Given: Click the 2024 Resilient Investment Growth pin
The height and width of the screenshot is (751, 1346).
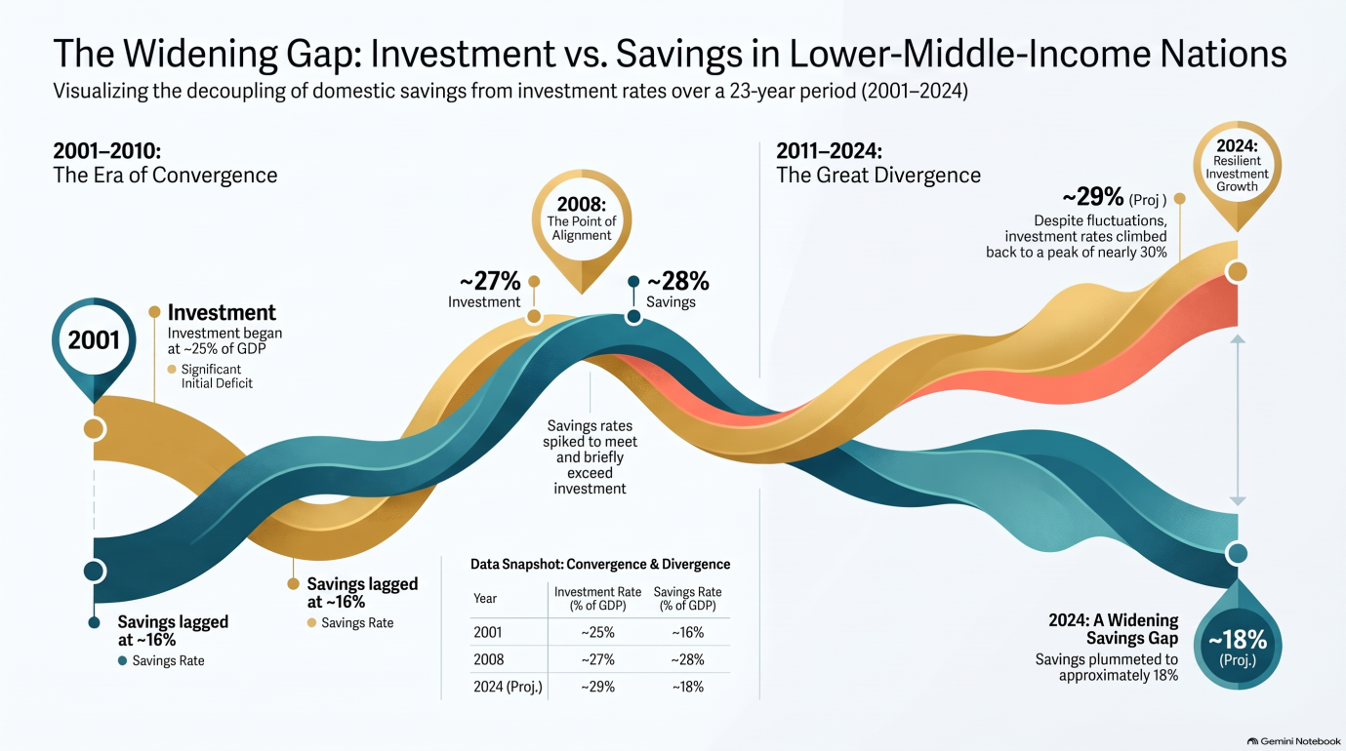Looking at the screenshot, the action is point(1237,174).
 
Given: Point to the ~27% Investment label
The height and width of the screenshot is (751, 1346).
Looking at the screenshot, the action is point(484,290).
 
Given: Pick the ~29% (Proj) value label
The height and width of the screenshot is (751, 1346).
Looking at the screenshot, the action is point(1114,198).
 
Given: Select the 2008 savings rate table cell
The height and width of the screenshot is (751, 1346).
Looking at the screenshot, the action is point(687,659).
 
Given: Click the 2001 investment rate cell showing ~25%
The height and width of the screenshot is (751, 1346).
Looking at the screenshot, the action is point(598,632).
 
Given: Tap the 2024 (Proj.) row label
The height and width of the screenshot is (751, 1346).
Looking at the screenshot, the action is point(508,687).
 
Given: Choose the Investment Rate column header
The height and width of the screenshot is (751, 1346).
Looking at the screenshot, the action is point(598,599).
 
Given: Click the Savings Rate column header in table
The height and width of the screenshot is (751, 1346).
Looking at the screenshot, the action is point(687,599).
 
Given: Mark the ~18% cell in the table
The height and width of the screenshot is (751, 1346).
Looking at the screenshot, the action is point(687,687).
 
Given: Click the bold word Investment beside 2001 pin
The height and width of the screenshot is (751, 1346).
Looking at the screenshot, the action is point(222,313).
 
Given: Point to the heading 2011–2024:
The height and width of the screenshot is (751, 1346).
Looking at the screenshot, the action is point(830,150).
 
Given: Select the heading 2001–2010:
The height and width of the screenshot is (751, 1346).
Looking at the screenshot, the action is point(107,150).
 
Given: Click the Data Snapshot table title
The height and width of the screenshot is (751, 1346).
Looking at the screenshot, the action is point(600,565).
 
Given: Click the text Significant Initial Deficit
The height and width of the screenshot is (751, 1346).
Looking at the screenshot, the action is point(217,376).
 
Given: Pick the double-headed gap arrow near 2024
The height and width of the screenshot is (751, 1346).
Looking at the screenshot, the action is point(1238,420).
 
